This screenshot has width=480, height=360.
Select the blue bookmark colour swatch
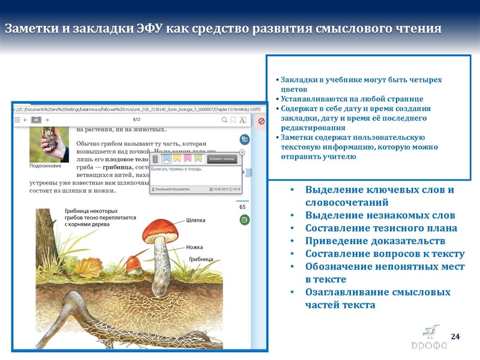[166, 159]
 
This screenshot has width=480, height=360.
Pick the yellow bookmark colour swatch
[178, 159]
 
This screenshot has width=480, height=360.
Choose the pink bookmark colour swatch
[188, 159]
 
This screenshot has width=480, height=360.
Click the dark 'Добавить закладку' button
[221, 159]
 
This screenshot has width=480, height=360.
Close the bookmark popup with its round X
[242, 152]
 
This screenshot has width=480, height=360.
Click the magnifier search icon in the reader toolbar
[224, 120]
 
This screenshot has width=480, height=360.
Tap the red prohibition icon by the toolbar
[262, 121]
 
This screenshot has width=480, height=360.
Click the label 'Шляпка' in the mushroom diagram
[196, 220]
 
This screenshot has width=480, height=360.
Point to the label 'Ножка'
[194, 247]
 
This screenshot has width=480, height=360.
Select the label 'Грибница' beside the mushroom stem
[202, 259]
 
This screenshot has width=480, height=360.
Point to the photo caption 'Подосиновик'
[44, 166]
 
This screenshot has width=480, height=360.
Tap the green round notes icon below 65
[244, 221]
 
